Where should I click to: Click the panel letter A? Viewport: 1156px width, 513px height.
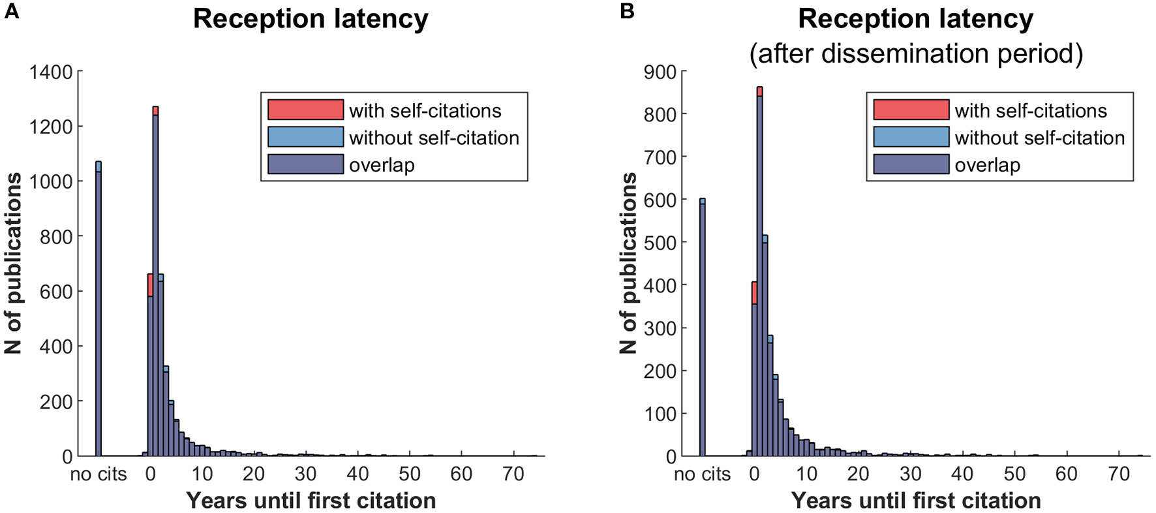[11, 11]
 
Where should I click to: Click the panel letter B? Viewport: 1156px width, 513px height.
[627, 11]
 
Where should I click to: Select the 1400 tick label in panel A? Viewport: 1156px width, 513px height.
[50, 72]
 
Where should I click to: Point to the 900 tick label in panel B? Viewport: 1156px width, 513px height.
[661, 72]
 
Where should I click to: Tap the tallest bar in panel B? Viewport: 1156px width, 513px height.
[759, 274]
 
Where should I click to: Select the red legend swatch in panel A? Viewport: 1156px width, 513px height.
[305, 110]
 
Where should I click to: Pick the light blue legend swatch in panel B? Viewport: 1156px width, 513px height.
[911, 137]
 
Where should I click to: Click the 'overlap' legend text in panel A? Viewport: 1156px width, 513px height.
[382, 165]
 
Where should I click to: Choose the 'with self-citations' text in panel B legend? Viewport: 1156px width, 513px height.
[1031, 110]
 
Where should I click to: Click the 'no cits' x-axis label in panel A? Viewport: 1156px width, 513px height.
[99, 474]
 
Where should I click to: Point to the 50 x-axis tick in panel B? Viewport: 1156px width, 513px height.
[1014, 474]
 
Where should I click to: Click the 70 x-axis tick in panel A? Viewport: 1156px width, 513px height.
[513, 474]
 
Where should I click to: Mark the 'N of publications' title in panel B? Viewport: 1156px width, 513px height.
[629, 263]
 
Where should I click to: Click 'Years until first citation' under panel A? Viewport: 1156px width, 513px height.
[311, 501]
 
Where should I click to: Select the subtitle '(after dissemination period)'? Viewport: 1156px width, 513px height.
[915, 54]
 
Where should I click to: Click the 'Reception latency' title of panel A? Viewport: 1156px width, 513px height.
[311, 19]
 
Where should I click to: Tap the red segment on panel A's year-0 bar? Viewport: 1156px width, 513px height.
[150, 285]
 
